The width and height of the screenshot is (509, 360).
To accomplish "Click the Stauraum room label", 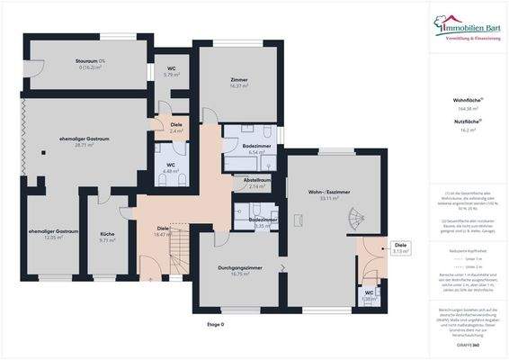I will click(91, 63).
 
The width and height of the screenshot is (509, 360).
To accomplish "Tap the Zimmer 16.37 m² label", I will click(238, 83).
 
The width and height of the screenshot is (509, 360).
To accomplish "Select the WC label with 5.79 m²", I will click(171, 71).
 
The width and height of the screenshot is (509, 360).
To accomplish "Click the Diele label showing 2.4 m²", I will click(176, 128).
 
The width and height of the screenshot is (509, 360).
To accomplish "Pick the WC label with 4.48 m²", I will click(171, 168).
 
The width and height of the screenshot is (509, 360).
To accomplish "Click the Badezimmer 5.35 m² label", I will click(262, 222).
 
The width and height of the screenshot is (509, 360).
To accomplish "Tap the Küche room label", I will click(107, 238).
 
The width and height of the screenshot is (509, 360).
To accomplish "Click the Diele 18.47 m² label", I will click(163, 231).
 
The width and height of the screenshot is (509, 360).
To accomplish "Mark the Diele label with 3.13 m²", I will click(401, 247).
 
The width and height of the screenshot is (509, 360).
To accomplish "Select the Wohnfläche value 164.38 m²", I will click(467, 108).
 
